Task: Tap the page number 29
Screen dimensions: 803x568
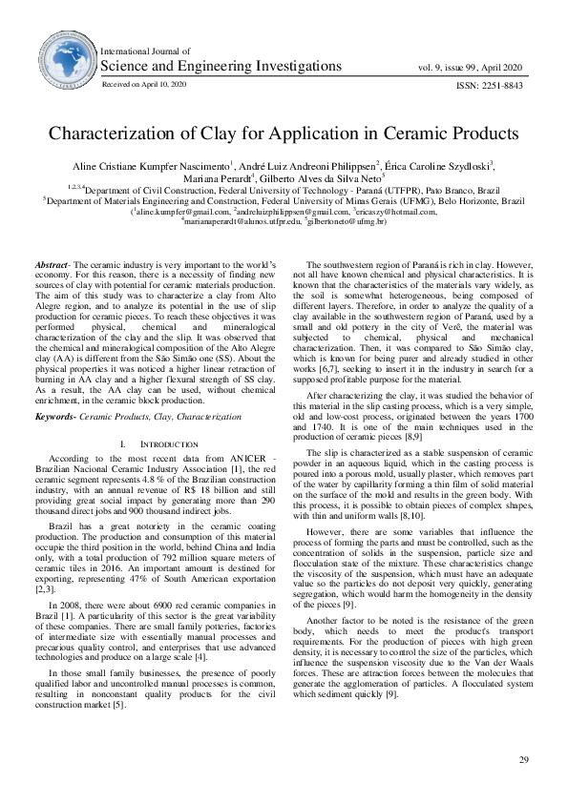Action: click(522, 759)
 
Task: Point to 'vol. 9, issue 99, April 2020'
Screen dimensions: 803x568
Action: click(471, 67)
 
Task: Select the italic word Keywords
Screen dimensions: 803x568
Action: click(55, 417)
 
